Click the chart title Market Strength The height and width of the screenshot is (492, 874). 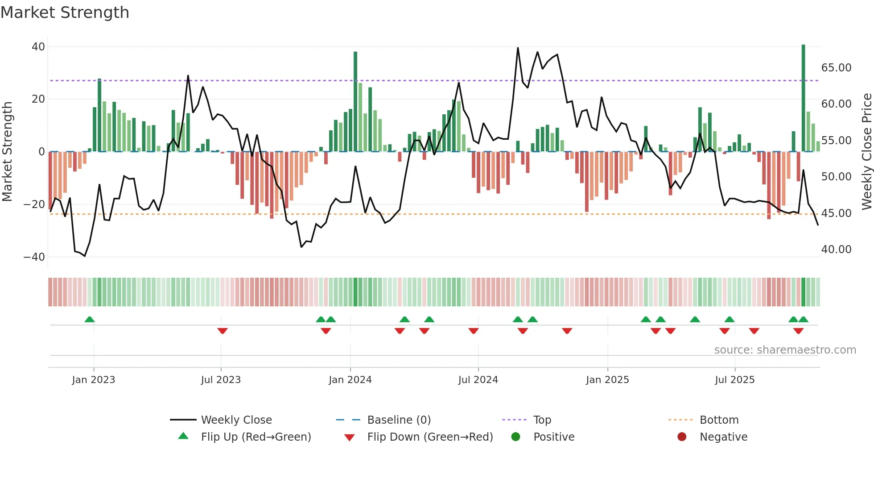[x=65, y=13]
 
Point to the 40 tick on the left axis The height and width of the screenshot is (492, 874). [x=38, y=47]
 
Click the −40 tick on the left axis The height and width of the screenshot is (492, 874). [x=34, y=257]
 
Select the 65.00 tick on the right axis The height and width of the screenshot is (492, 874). [x=836, y=68]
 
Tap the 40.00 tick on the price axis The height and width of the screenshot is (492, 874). [x=836, y=250]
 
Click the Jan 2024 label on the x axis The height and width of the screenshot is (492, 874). [x=350, y=380]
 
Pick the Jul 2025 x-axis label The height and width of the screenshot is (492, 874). [x=734, y=380]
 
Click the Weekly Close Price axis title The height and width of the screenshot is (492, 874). [x=866, y=152]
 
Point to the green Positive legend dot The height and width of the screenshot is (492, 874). [x=516, y=437]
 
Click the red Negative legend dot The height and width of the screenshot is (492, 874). [x=682, y=437]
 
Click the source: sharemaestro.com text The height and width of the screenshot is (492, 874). [x=785, y=350]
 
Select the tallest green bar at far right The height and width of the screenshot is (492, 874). [x=803, y=98]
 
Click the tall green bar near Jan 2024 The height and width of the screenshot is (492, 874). [x=355, y=102]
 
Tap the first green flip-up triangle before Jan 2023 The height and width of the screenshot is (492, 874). [x=90, y=319]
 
